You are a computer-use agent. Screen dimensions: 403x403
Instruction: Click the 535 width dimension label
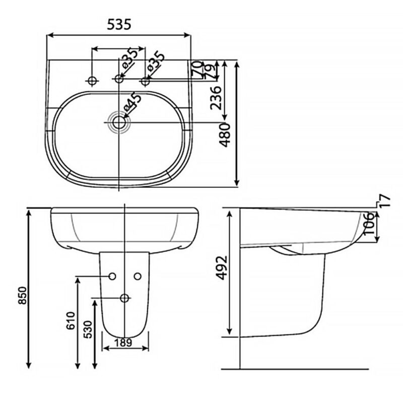point(119,25)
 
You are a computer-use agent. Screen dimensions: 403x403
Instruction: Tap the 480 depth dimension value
point(225,135)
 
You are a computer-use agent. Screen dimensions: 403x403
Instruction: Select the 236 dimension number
point(216,98)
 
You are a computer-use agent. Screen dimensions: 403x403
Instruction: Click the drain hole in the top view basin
point(119,122)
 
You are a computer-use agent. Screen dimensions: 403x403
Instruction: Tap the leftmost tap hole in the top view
point(92,81)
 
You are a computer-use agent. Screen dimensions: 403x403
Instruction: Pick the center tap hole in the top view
point(119,79)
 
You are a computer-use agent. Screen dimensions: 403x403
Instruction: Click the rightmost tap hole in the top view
point(146,81)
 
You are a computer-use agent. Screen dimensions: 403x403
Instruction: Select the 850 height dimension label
point(23,295)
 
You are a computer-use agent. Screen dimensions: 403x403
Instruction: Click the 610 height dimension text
point(71,321)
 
